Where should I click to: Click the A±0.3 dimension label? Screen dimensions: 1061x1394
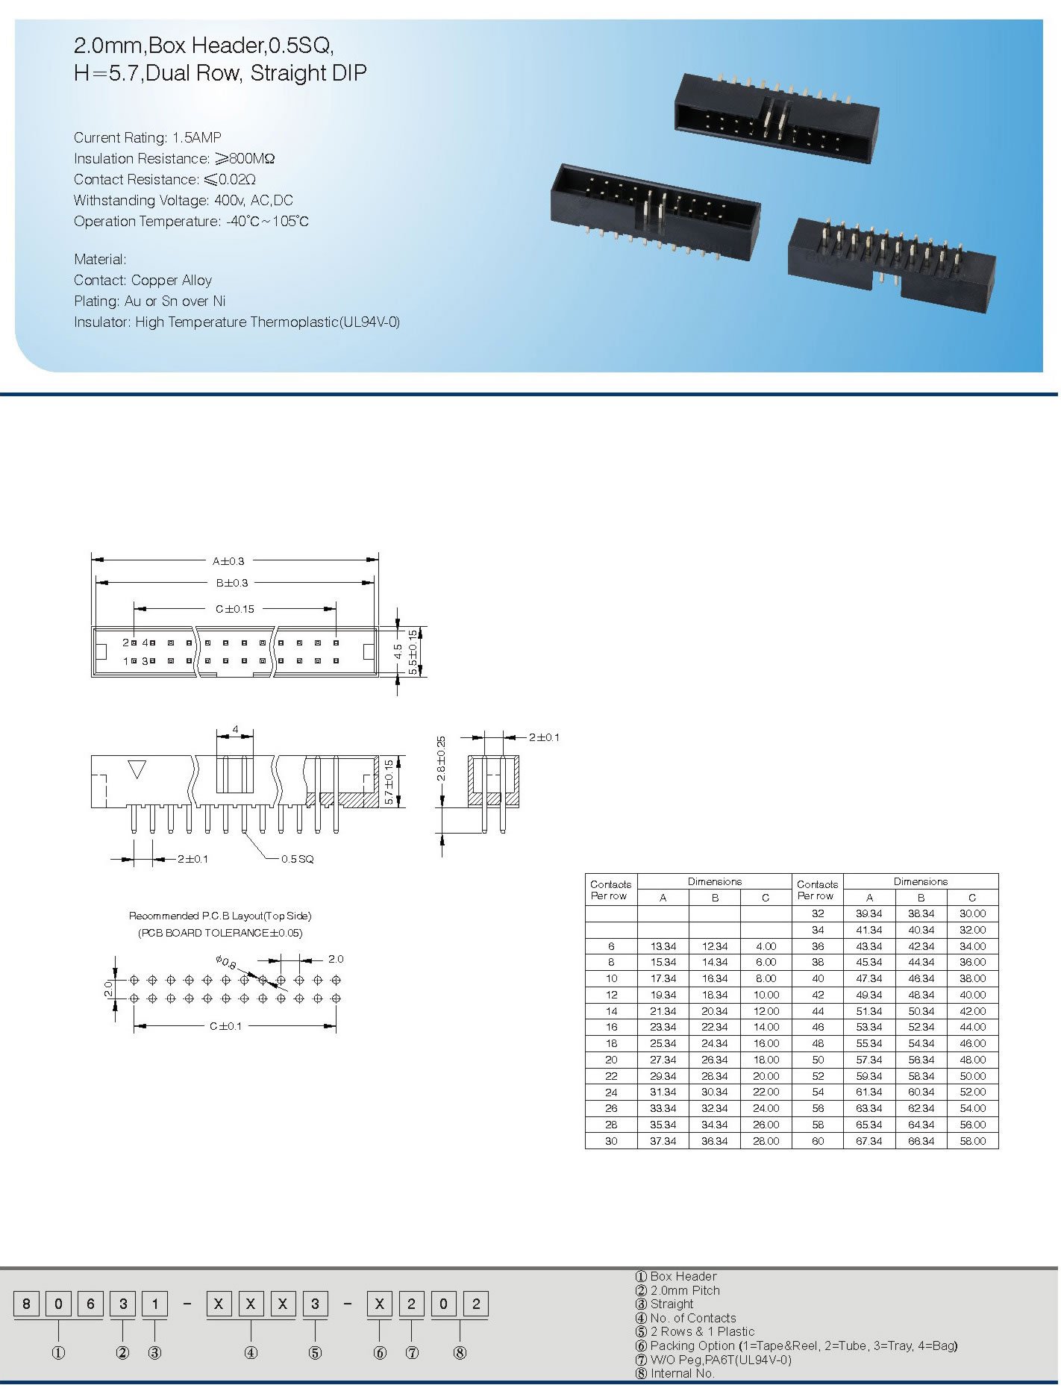point(228,561)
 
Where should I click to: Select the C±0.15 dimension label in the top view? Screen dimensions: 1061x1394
point(235,609)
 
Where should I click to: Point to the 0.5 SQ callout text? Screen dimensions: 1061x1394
point(298,859)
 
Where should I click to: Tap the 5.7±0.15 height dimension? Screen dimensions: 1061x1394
point(389,781)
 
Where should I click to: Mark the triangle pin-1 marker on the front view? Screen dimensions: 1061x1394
point(137,769)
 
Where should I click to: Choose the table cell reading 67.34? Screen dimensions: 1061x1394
point(869,1141)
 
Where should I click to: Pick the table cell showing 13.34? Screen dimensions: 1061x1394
point(663,946)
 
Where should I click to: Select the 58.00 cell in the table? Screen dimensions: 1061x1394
point(973,1141)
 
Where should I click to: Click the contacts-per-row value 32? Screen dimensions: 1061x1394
point(818,913)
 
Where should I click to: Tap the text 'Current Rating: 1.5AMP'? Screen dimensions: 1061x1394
point(148,137)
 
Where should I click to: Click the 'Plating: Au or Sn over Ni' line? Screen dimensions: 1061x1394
point(149,301)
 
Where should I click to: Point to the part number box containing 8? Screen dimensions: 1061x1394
point(27,1304)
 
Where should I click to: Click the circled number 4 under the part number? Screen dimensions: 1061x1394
point(251,1353)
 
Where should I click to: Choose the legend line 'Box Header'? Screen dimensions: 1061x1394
point(675,1277)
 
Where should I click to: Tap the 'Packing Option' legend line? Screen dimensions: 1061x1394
point(796,1345)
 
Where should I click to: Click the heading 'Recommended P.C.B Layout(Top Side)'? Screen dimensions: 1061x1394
point(220,916)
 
